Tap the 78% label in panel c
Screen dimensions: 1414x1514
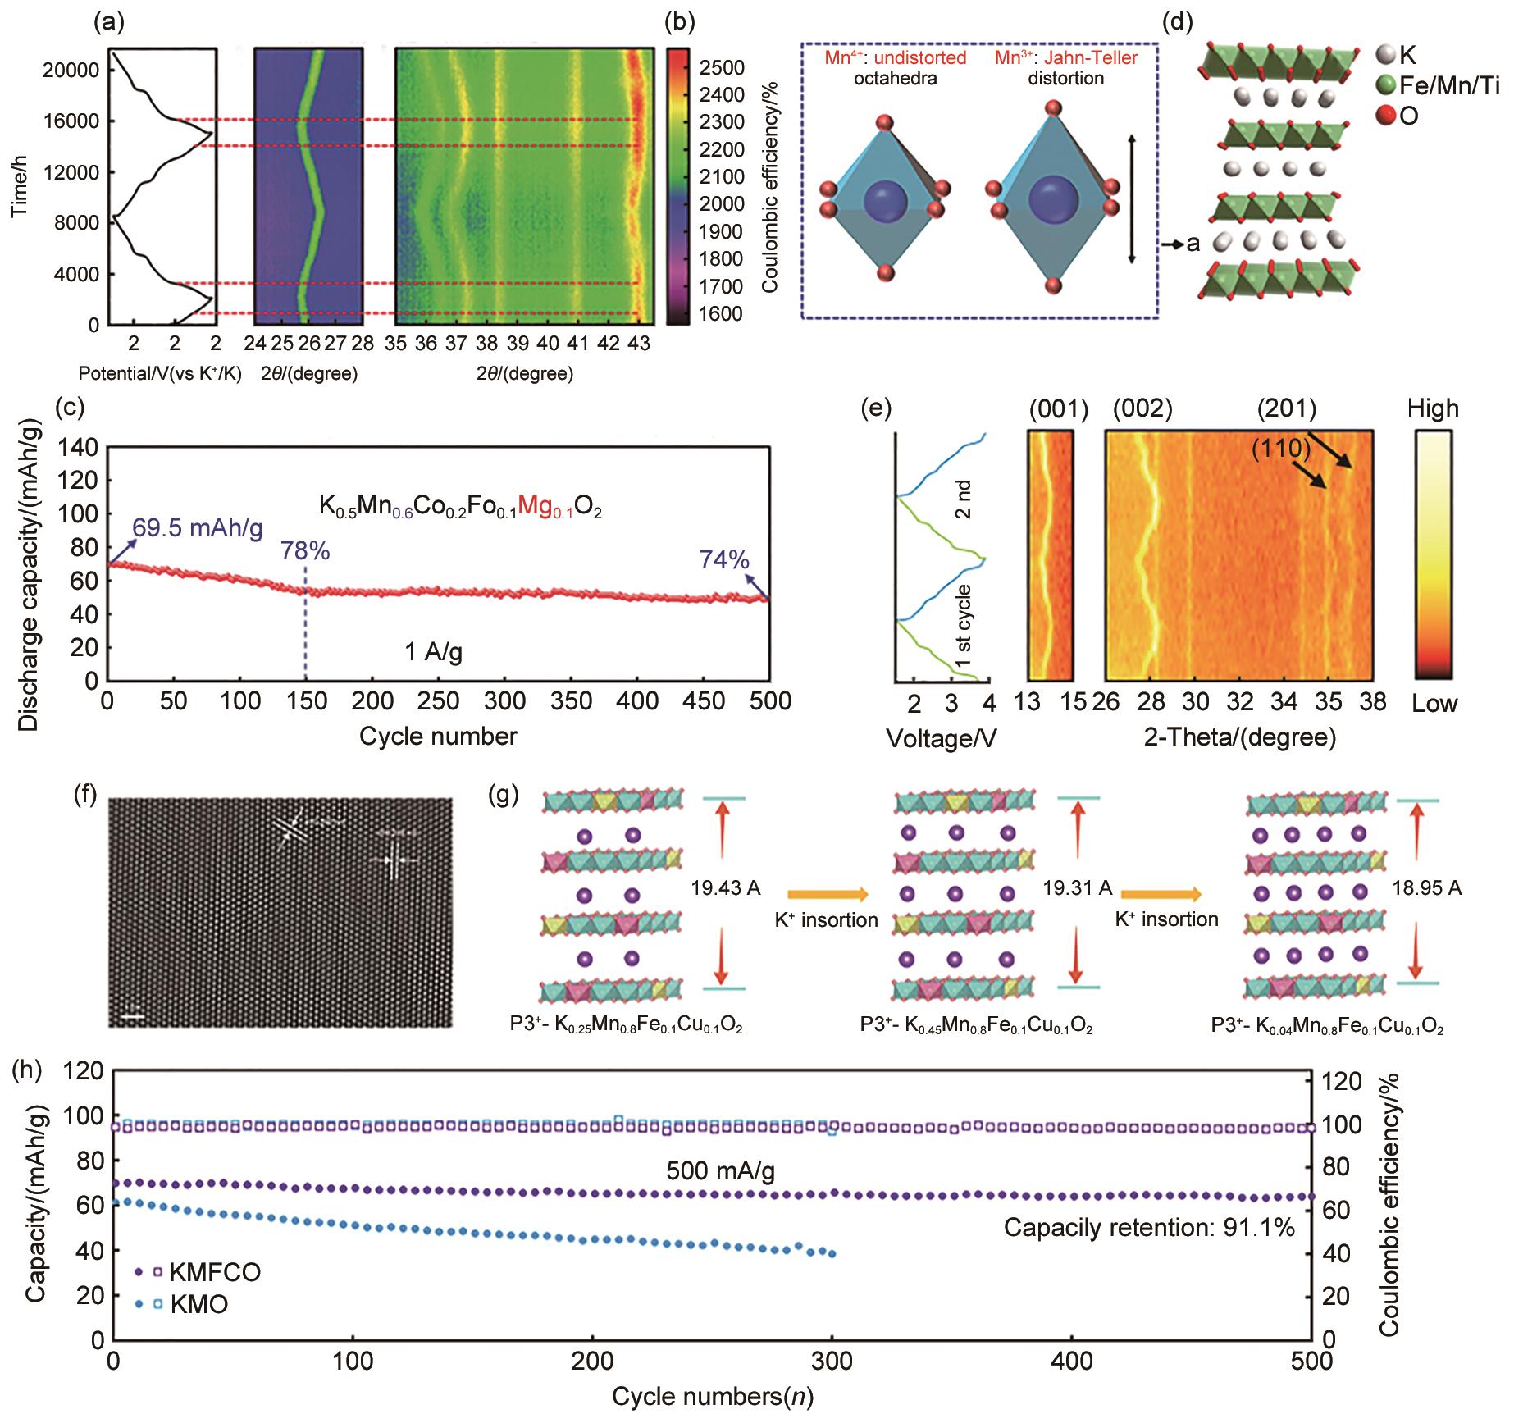[x=306, y=551]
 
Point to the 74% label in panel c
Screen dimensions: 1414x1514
[x=724, y=559]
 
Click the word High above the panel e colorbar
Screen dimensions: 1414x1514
[x=1433, y=408]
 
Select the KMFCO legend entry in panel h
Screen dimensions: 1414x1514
[x=215, y=1272]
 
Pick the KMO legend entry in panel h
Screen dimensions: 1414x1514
[x=198, y=1304]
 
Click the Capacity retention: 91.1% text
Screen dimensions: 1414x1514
[x=1149, y=1227]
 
